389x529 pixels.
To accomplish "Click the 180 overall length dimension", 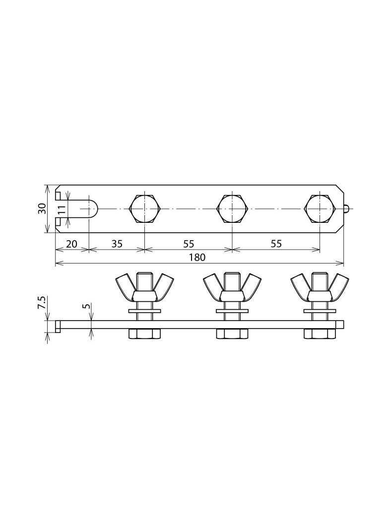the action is click(197, 258).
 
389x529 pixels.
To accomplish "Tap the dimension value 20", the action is click(71, 244).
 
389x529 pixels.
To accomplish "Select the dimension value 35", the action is click(117, 244).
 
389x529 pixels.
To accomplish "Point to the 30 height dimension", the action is click(42, 208).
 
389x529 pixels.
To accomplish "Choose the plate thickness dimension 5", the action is click(86, 306).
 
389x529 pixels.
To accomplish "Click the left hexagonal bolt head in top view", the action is click(144, 209).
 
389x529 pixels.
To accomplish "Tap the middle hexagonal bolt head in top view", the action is click(232, 209).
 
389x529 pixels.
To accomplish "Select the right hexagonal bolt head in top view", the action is click(320, 209).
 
